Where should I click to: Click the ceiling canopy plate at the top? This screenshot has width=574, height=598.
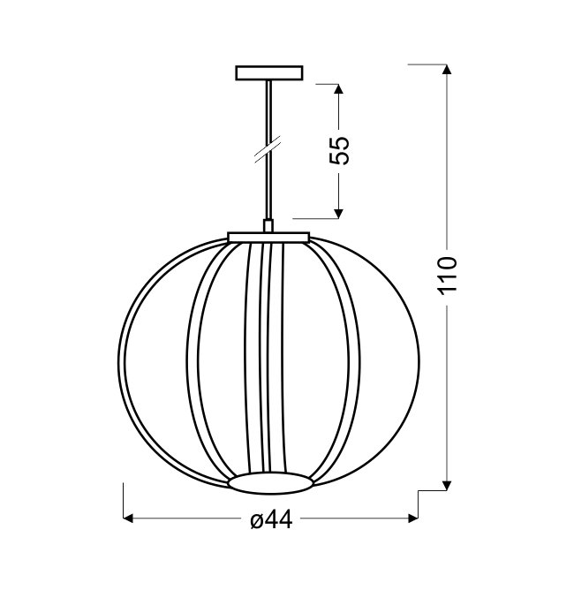click(269, 72)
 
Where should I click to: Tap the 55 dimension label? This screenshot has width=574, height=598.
click(339, 150)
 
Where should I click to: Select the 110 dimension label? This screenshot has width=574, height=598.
click(448, 276)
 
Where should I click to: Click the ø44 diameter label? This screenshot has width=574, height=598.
click(271, 519)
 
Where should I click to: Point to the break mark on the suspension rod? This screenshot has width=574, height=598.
click(268, 148)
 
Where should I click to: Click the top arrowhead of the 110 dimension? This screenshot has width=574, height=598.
click(448, 69)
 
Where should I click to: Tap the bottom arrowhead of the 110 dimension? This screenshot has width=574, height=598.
click(448, 485)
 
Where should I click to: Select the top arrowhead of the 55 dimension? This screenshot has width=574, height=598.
click(339, 88)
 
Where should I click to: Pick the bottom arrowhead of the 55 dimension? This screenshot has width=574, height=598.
click(339, 214)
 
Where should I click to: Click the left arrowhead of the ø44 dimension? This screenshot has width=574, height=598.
click(128, 519)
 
